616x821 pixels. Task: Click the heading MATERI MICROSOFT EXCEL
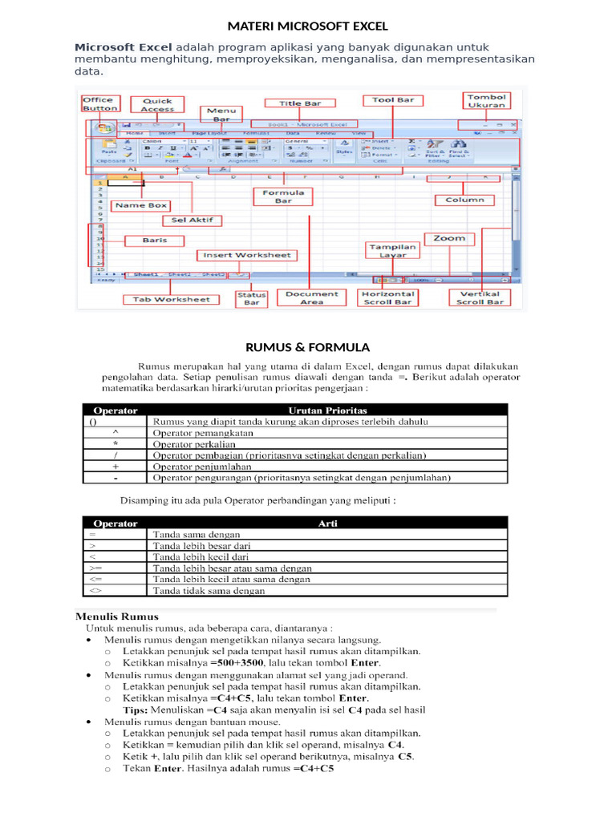click(308, 26)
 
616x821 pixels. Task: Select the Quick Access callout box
click(158, 105)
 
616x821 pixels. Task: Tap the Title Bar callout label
click(301, 103)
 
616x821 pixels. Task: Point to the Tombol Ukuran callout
click(487, 100)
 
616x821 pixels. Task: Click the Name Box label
click(140, 205)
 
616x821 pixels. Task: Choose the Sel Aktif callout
click(192, 220)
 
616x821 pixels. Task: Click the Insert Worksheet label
click(246, 255)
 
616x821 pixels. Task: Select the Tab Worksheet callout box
click(171, 299)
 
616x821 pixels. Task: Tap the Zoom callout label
click(449, 238)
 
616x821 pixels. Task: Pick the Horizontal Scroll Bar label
click(387, 297)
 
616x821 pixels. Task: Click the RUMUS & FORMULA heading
click(307, 347)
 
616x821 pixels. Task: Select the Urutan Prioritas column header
click(328, 410)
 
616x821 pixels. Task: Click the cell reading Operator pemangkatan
click(203, 432)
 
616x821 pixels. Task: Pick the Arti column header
click(328, 523)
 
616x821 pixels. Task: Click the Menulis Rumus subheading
click(117, 617)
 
